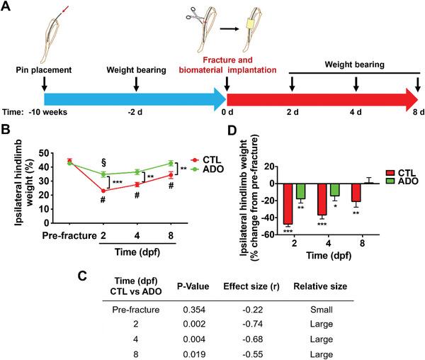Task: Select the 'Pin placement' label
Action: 44,70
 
